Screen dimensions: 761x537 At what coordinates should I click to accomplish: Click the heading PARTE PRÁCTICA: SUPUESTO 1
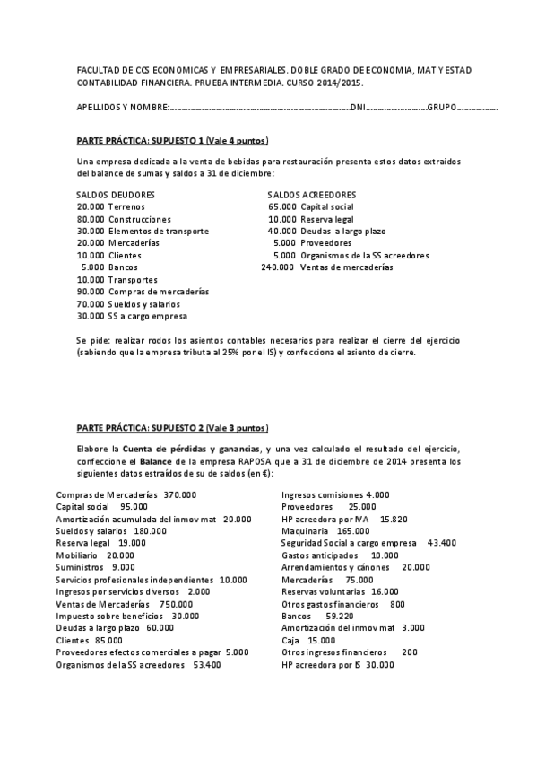[x=172, y=142]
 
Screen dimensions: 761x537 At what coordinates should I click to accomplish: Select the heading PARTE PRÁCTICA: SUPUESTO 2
[x=172, y=428]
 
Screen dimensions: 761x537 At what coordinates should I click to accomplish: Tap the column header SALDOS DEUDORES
[x=115, y=195]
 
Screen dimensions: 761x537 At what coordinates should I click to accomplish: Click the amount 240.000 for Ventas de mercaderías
[x=277, y=267]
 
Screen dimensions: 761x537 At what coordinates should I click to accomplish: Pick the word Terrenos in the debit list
[x=127, y=207]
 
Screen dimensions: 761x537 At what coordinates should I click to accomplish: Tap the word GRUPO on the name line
[x=441, y=108]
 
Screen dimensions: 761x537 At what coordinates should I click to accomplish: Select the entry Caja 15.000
[x=308, y=641]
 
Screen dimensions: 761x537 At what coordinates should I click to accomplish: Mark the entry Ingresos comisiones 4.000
[x=335, y=494]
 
